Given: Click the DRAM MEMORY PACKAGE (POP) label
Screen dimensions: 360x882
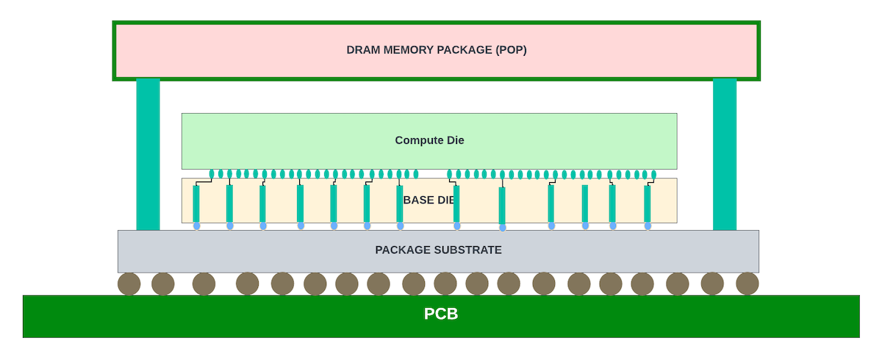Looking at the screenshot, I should [437, 50].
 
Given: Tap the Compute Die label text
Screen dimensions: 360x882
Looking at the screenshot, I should [429, 140].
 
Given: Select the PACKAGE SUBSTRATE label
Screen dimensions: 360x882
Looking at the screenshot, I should [438, 250].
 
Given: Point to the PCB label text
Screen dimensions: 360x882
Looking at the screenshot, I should [441, 314].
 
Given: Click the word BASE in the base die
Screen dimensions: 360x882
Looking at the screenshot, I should [418, 200].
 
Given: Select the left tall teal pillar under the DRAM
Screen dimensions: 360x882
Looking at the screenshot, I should [148, 154].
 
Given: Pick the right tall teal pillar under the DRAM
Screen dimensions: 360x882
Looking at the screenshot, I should [725, 154].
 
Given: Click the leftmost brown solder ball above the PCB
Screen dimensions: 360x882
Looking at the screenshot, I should [129, 284].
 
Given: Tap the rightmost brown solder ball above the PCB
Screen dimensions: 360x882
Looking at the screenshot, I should [747, 283].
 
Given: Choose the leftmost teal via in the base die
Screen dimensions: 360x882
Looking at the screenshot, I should [196, 204].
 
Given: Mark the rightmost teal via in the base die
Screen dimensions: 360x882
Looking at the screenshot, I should [648, 204].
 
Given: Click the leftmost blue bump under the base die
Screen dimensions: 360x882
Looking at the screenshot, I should [196, 226].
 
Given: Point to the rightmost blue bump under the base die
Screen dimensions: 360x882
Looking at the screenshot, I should [648, 226].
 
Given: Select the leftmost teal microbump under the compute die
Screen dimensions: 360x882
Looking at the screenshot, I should [212, 174].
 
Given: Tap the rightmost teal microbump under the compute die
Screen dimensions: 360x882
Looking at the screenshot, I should [653, 175].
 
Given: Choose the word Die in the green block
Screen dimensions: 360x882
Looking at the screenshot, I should [456, 140].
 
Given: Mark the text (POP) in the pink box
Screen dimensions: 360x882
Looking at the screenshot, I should [512, 50].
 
